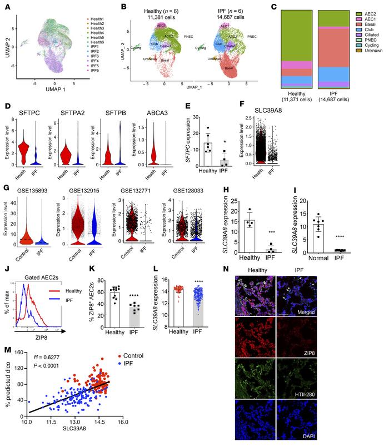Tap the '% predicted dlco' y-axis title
pos(9,388)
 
